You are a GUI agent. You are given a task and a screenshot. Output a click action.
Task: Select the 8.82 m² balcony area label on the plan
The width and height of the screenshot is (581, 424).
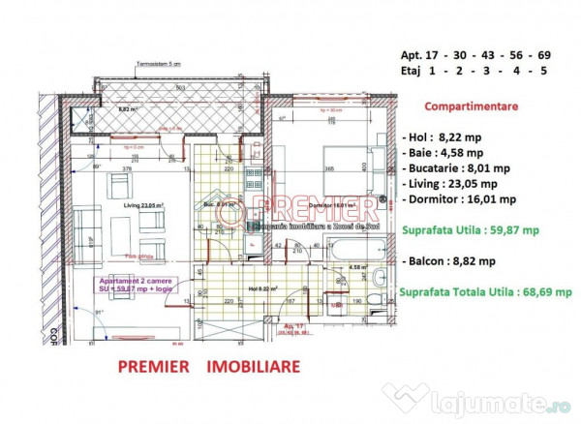(x=128, y=110)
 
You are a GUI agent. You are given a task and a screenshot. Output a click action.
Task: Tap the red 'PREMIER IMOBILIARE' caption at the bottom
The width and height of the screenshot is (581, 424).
(x=208, y=367)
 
